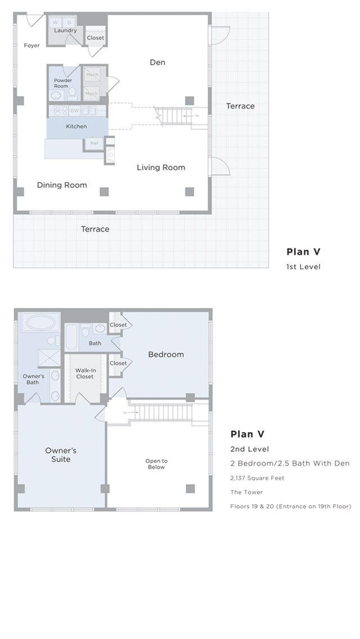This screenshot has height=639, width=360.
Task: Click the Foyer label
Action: [31, 46]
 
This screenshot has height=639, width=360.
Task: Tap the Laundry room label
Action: [66, 30]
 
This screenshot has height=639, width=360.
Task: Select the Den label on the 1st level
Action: [157, 62]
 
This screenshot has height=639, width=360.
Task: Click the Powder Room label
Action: [63, 83]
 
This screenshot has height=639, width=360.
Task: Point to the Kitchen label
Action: [76, 127]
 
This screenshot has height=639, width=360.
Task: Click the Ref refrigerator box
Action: [93, 143]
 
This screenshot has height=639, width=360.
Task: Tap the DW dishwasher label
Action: [75, 111]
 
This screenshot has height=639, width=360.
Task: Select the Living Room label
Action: [161, 167]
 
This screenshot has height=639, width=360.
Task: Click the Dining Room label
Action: [62, 185]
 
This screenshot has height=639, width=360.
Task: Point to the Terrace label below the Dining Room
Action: [95, 229]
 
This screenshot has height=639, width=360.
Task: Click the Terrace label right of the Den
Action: [240, 106]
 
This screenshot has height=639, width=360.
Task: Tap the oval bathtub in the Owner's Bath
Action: [39, 323]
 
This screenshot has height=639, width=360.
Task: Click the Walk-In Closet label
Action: [85, 373]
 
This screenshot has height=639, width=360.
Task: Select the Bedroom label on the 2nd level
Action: [166, 354]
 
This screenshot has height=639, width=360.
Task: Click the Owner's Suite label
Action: [61, 455]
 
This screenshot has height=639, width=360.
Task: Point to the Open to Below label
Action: [156, 464]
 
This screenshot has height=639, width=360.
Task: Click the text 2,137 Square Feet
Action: [257, 478]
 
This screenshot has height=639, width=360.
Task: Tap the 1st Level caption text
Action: [303, 267]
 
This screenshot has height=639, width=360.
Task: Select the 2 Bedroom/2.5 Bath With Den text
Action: [290, 463]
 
